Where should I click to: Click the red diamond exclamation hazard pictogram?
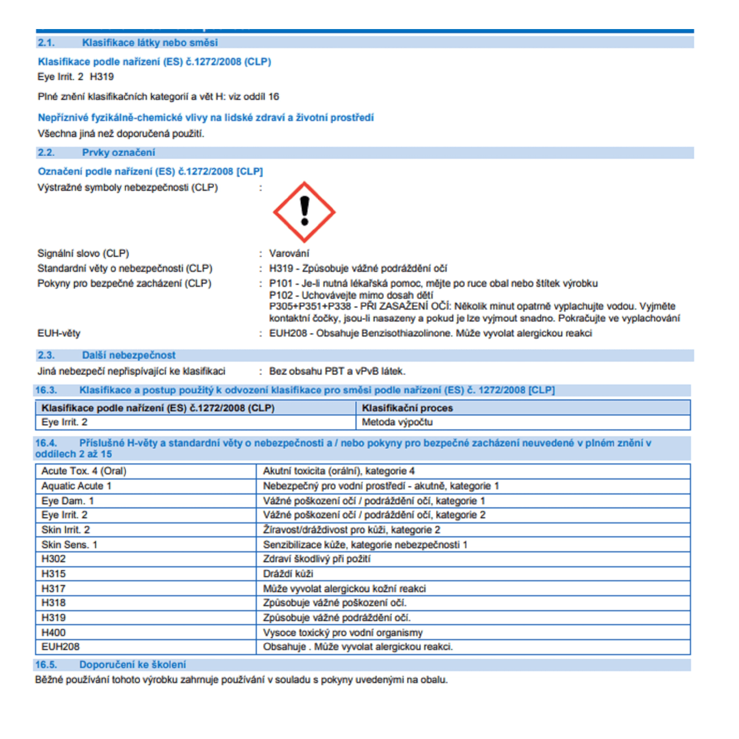[304, 212]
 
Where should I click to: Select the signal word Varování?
[289, 253]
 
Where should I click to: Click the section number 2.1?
[46, 43]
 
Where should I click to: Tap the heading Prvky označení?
[118, 153]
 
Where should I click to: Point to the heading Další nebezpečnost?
[129, 355]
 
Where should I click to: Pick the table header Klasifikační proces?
[407, 408]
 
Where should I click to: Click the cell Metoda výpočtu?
[397, 422]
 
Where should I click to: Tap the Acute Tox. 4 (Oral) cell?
[84, 471]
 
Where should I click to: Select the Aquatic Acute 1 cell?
[76, 486]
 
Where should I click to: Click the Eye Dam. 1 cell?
[67, 501]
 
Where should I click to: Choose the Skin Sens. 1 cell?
[69, 544]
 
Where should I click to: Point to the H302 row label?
[53, 559]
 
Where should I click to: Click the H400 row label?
[53, 632]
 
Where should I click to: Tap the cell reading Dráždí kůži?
[288, 573]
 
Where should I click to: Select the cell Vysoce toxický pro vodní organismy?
[342, 632]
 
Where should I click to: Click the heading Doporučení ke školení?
[133, 665]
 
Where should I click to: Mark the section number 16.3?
[46, 390]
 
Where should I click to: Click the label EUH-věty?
[59, 333]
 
